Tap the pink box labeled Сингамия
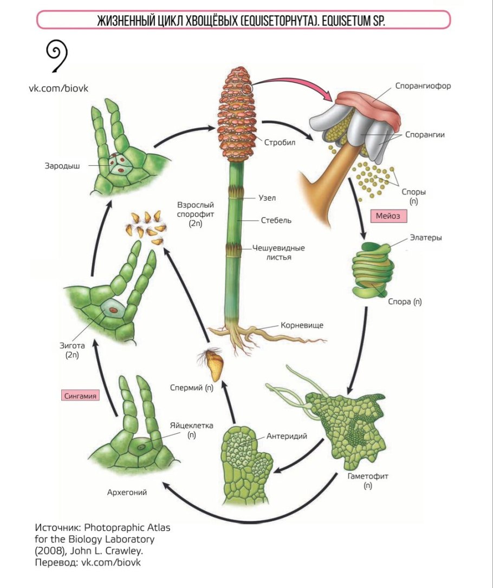click(x=81, y=396)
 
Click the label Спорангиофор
click(x=423, y=85)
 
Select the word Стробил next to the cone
click(x=278, y=143)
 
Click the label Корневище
click(x=302, y=325)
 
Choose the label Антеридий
click(x=287, y=435)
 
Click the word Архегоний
click(x=127, y=493)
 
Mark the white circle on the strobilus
click(x=246, y=89)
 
